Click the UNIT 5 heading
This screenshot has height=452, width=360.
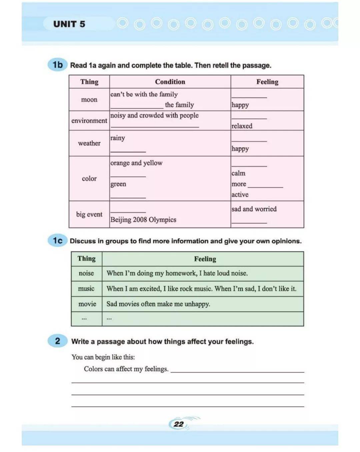click(x=69, y=24)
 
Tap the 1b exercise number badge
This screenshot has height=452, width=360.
click(x=57, y=64)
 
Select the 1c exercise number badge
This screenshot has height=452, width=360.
click(x=57, y=240)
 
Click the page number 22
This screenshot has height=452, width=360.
click(x=179, y=424)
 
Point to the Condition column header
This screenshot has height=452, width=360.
click(x=170, y=82)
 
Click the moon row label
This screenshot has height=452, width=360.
click(x=89, y=99)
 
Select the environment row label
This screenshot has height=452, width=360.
click(x=89, y=120)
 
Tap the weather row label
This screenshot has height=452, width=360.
click(x=89, y=143)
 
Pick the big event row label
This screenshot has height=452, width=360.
click(x=89, y=214)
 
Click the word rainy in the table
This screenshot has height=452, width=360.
click(x=118, y=138)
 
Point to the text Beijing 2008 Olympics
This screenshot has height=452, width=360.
click(x=143, y=219)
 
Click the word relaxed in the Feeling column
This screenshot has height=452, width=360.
click(x=242, y=126)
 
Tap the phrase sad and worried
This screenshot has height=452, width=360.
click(x=254, y=209)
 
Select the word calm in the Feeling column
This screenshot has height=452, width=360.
click(x=238, y=173)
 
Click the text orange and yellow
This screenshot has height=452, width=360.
click(x=136, y=163)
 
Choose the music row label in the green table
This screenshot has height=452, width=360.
click(x=86, y=289)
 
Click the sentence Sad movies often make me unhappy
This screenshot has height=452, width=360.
click(x=158, y=304)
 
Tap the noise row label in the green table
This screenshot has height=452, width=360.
click(x=86, y=273)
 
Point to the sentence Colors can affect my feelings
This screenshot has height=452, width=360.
click(x=126, y=369)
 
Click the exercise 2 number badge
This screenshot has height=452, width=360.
click(x=57, y=341)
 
